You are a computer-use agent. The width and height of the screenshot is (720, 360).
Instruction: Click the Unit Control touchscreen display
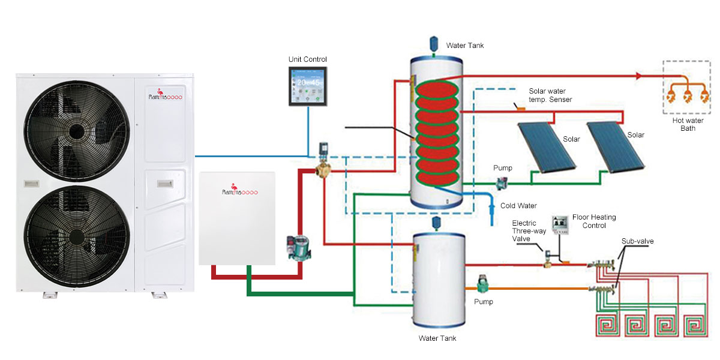click(x=307, y=86)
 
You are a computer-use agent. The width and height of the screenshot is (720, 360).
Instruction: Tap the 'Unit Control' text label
click(x=307, y=59)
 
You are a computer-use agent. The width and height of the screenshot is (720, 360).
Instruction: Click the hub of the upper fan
click(x=77, y=130)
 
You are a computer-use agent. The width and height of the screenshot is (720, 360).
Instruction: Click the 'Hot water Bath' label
click(x=683, y=125)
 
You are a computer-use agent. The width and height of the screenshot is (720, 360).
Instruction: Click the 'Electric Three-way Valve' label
click(x=524, y=230)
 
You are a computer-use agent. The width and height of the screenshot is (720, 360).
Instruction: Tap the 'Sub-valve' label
click(x=637, y=241)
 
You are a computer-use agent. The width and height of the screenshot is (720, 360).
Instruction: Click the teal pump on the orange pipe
click(x=483, y=284)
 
